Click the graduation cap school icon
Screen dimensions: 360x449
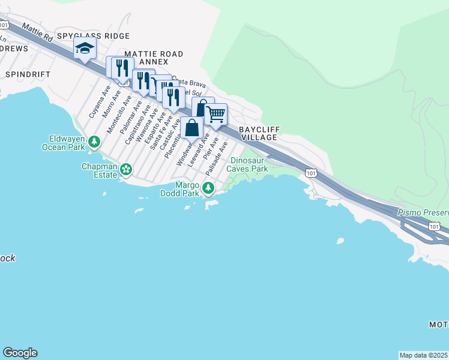(x=85, y=48)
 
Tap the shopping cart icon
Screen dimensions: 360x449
(x=215, y=113)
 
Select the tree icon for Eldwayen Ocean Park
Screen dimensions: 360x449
(x=94, y=142)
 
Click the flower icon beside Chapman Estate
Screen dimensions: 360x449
(x=126, y=169)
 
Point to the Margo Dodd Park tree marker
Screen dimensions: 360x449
(x=208, y=188)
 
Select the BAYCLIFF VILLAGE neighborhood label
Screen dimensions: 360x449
(x=258, y=133)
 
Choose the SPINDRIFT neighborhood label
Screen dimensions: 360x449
(x=27, y=74)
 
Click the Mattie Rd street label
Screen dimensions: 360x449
(x=37, y=33)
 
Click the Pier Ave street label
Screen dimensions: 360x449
(x=211, y=149)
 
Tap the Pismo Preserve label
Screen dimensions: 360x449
(x=423, y=213)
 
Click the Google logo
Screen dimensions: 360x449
(x=20, y=353)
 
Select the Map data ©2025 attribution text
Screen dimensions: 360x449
(x=424, y=355)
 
